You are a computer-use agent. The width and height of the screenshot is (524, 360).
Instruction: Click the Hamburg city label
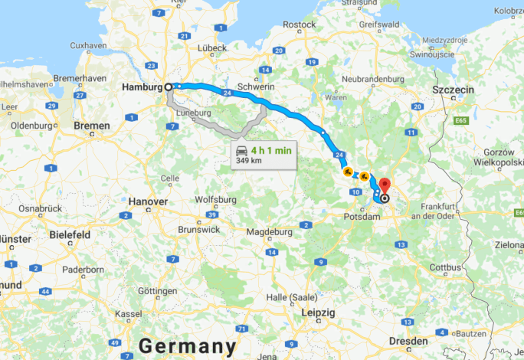(x=142, y=87)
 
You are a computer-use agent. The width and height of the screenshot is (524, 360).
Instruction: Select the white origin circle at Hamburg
(x=169, y=87)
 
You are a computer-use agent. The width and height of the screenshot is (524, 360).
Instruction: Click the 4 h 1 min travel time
(x=271, y=151)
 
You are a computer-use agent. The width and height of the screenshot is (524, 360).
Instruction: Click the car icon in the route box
(x=242, y=150)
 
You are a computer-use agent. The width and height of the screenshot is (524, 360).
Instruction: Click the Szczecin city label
(x=454, y=90)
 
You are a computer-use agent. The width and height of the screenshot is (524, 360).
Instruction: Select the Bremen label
(x=92, y=125)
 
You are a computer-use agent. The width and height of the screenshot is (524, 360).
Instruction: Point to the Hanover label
(x=148, y=201)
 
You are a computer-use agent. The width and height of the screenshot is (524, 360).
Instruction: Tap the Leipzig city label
(x=319, y=313)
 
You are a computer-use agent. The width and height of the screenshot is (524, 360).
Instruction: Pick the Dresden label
(x=408, y=340)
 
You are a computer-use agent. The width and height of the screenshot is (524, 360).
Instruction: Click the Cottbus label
(x=445, y=267)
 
